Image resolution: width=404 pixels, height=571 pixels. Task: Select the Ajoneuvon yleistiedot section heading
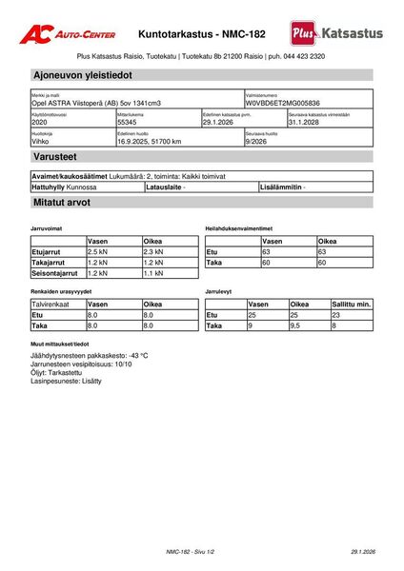pos(82,74)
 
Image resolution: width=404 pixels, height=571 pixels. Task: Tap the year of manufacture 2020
pos(40,123)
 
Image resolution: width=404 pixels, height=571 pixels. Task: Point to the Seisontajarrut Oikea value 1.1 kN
pos(153,272)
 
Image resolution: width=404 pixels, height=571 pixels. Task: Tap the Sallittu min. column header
pos(350,304)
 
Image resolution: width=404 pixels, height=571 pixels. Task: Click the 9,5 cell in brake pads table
pos(301,325)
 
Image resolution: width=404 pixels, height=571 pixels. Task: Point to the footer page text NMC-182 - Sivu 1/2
pos(191,552)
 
